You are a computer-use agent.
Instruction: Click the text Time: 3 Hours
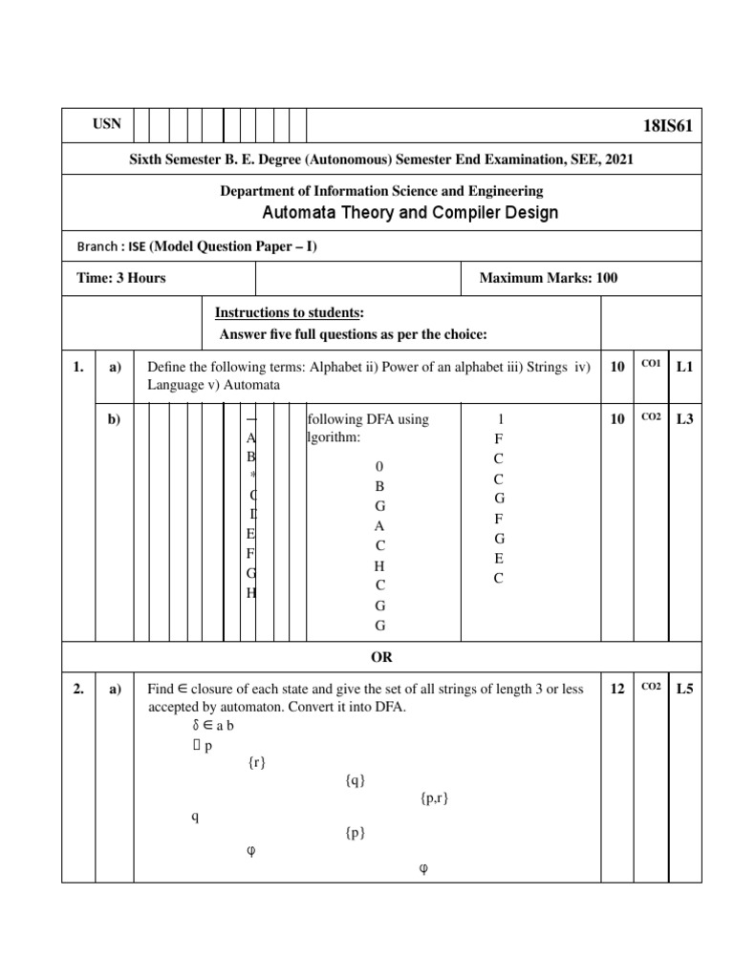121,278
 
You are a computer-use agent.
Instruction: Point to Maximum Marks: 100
548,278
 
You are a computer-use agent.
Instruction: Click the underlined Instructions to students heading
289,313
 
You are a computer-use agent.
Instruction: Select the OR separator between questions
381,657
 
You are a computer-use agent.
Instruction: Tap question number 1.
77,367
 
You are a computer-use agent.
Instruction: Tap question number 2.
77,689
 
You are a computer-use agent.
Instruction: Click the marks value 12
617,689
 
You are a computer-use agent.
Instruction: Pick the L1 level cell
683,367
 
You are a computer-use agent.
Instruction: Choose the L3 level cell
683,418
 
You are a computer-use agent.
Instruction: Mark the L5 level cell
683,689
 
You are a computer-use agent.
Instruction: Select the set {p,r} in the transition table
434,797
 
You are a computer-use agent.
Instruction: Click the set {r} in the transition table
255,762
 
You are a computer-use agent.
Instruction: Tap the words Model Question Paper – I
233,246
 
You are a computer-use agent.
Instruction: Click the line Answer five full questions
353,333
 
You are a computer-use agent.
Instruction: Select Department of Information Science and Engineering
381,191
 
